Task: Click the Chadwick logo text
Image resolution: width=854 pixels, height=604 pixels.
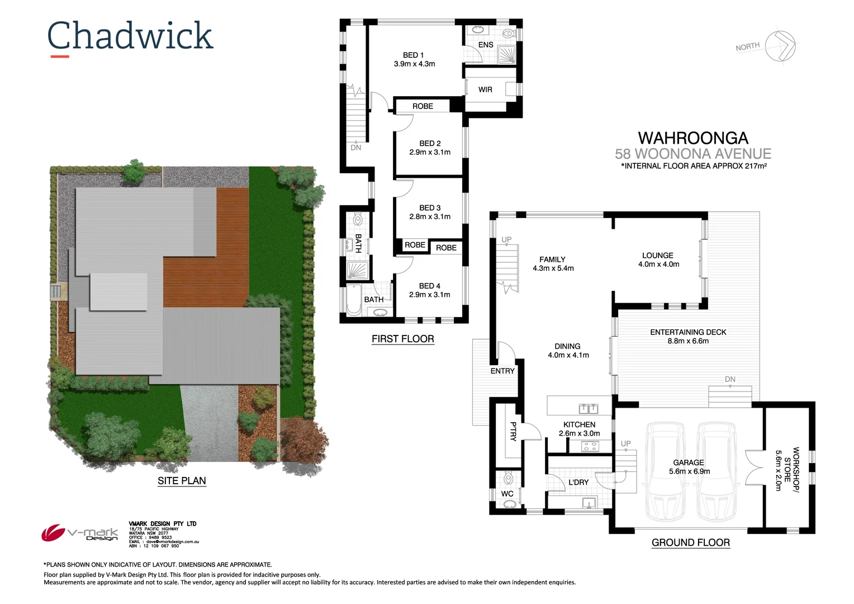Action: pos(130,36)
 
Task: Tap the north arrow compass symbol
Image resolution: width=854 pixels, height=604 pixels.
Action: pos(780,46)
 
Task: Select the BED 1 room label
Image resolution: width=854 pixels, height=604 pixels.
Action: pos(414,55)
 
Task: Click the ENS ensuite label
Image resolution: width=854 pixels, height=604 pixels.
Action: pos(486,45)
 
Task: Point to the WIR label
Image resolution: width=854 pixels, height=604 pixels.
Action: pos(485,89)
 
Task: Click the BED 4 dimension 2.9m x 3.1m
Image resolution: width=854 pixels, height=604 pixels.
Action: pos(430,295)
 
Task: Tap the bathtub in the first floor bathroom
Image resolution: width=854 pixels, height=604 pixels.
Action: pos(354,299)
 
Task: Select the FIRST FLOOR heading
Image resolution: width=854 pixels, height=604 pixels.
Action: pos(402,339)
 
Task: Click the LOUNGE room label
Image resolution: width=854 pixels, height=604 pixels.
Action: pos(658,256)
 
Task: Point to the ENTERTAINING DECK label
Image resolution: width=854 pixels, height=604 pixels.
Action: pos(688,332)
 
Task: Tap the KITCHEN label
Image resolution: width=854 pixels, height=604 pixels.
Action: pos(579,424)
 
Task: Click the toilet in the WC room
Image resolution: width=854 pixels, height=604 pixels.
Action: pos(509,479)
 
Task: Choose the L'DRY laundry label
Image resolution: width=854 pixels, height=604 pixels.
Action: pos(578,482)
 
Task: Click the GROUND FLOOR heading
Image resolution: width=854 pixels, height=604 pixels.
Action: pos(690,542)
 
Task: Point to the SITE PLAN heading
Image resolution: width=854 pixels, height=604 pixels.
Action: pos(182,481)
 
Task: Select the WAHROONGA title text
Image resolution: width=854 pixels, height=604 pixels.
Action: pos(693,138)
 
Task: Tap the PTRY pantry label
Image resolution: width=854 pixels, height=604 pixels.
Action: pos(513,431)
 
